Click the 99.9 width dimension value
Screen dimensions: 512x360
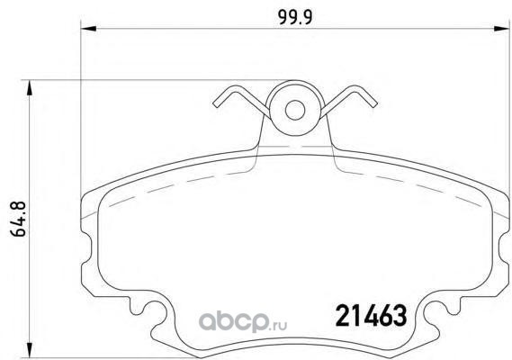point(295,17)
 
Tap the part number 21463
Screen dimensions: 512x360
point(372,316)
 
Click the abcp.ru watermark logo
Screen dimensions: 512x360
point(243,321)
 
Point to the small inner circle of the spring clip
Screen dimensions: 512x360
point(295,110)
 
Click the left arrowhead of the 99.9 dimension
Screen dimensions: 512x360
point(88,29)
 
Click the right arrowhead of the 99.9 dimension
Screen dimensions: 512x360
point(501,29)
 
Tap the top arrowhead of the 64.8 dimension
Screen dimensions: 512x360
point(30,87)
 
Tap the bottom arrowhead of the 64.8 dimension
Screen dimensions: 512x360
point(30,350)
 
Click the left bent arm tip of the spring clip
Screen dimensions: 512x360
point(217,103)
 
